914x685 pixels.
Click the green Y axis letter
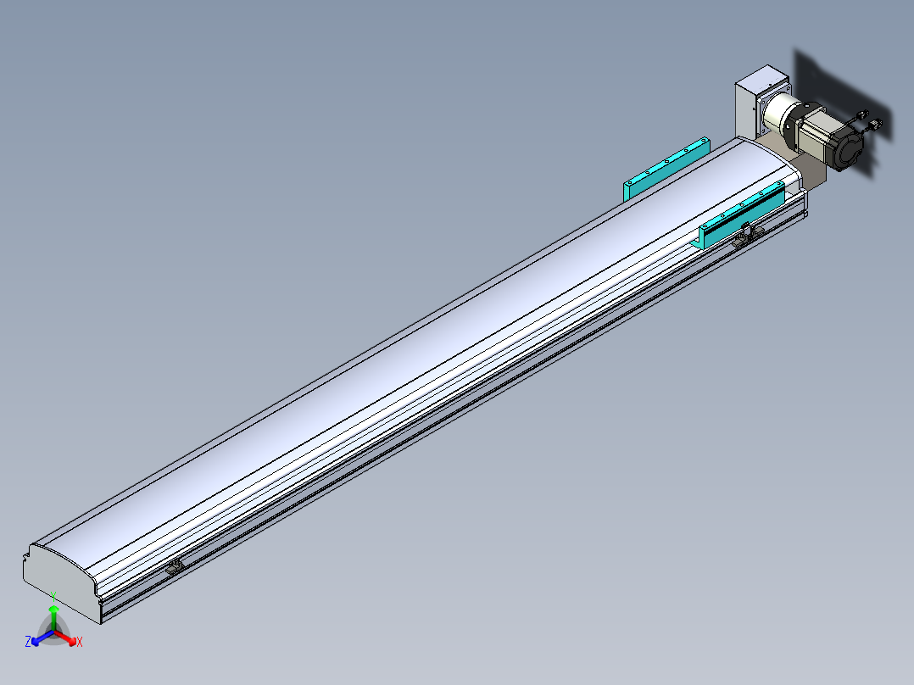pyautogui.click(x=53, y=596)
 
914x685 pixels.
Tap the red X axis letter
pyautogui.click(x=80, y=642)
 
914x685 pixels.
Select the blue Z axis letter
pyautogui.click(x=27, y=641)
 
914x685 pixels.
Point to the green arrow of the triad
pyautogui.click(x=53, y=617)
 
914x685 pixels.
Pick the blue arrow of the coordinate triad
pyautogui.click(x=42, y=638)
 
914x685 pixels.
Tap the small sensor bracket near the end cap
pyautogui.click(x=175, y=566)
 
